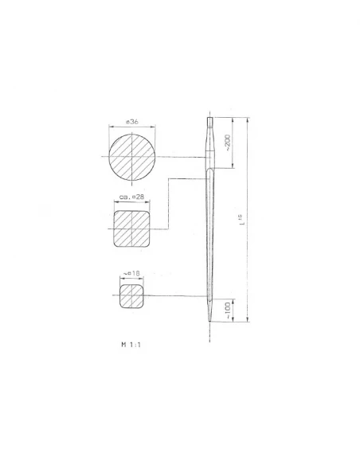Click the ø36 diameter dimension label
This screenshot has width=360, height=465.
(133, 122)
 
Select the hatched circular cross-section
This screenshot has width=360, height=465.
(133, 157)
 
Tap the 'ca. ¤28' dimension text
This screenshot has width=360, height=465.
(131, 196)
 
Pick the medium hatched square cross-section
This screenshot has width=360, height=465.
(132, 229)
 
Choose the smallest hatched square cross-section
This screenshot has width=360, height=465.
(132, 296)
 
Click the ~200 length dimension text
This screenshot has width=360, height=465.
(229, 142)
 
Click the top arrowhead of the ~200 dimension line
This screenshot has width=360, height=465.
(233, 119)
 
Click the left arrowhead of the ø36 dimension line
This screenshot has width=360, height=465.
(111, 129)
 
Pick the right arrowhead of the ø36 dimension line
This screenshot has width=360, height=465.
(157, 129)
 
